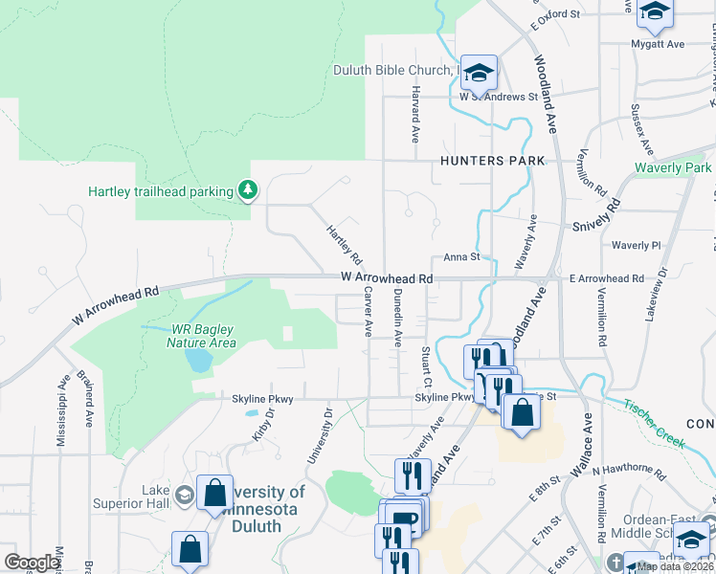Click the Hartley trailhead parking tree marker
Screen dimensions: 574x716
(249, 191)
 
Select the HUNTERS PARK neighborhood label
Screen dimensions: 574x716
(492, 161)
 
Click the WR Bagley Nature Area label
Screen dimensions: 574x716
(201, 335)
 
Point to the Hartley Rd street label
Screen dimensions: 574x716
(344, 246)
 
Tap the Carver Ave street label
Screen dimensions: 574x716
(368, 315)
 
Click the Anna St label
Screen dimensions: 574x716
(460, 257)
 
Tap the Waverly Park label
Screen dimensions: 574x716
(674, 168)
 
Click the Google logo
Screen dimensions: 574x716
(32, 563)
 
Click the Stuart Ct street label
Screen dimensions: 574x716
(426, 368)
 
